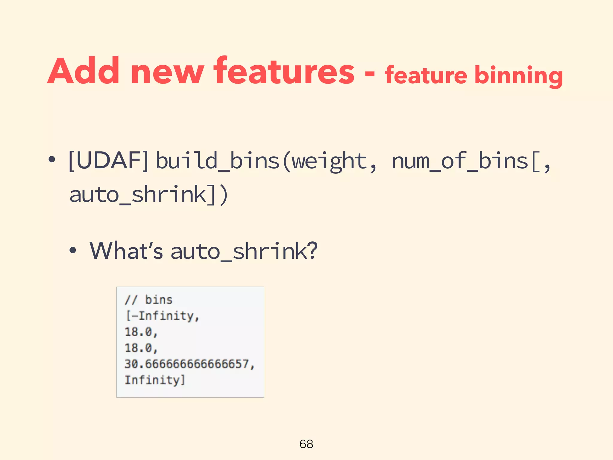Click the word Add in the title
[x=84, y=71]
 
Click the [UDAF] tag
[x=108, y=161]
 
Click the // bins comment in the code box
[x=148, y=300]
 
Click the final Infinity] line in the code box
[x=155, y=380]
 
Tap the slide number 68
[x=306, y=444]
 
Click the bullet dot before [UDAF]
[x=52, y=160]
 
